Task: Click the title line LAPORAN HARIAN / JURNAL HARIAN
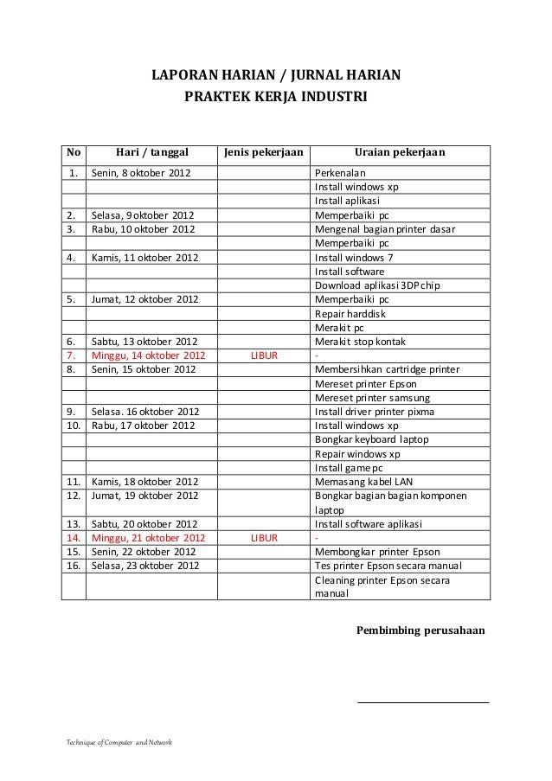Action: (x=276, y=75)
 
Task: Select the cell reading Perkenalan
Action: (x=341, y=173)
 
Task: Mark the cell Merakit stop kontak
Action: (x=360, y=342)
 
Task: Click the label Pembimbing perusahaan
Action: (x=420, y=630)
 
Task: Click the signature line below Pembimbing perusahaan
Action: (x=423, y=701)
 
